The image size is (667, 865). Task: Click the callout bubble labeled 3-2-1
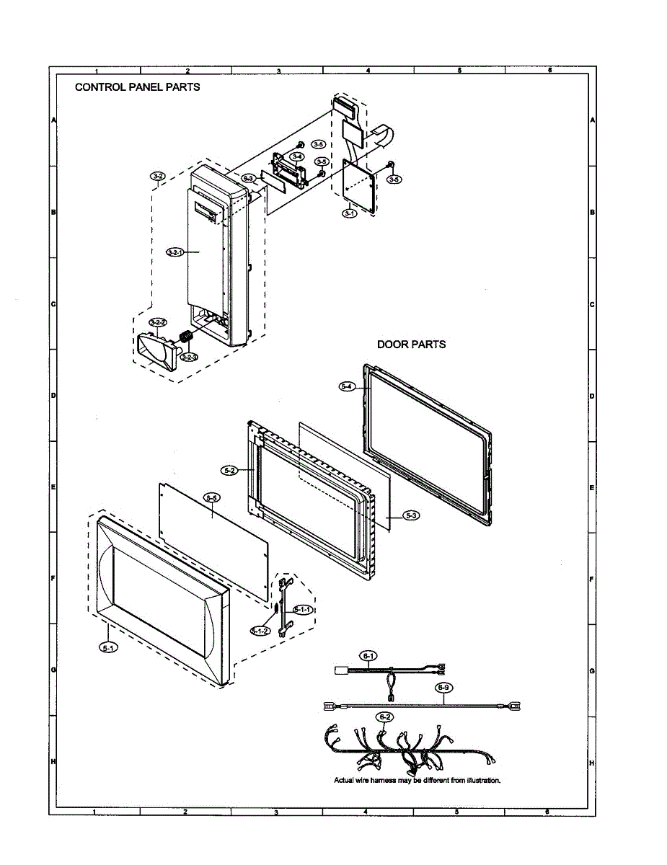pos(175,252)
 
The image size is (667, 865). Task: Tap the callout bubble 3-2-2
pos(158,322)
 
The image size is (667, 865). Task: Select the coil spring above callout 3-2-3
pos(185,337)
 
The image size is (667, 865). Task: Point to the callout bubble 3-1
pos(349,213)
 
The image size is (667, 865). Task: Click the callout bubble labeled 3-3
pos(249,177)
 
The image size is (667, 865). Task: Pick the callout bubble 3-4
pos(296,156)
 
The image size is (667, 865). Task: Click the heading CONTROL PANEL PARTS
pos(138,86)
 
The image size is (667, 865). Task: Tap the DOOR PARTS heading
pos(411,345)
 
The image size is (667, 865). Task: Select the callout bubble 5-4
pos(346,386)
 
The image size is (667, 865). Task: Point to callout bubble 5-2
pos(230,470)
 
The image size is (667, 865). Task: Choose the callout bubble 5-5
pos(212,497)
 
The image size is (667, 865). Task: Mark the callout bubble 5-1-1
pos(303,610)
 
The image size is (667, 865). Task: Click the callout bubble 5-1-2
pos(260,631)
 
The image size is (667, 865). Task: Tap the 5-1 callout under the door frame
pos(108,648)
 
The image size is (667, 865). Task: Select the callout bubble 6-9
pos(445,687)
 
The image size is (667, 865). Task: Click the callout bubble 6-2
pos(385,717)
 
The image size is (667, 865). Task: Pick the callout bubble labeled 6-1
pos(368,656)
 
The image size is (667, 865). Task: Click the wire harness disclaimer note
pos(417,780)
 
